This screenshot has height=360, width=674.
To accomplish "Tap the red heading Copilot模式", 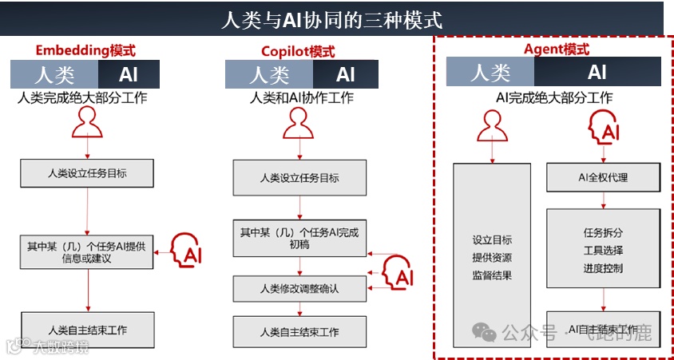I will point(298,52).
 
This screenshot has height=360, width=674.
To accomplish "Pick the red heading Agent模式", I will point(556,49).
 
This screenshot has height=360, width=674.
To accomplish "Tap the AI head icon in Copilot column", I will point(397,272).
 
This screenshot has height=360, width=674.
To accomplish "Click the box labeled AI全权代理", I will point(603,177).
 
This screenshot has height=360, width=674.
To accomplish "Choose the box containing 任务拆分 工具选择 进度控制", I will point(603,250).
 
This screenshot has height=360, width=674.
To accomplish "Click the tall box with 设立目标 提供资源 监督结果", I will point(492,256).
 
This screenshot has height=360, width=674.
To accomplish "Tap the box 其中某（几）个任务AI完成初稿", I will point(299,238).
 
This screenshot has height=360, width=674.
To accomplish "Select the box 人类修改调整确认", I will point(299,288).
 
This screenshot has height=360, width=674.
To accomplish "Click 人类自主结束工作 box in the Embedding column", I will point(87,330).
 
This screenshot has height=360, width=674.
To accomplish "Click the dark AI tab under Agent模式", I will point(597,73).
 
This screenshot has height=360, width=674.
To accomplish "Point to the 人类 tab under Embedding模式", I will point(54,74).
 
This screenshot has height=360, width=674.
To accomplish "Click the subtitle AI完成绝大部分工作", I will point(554,98).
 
